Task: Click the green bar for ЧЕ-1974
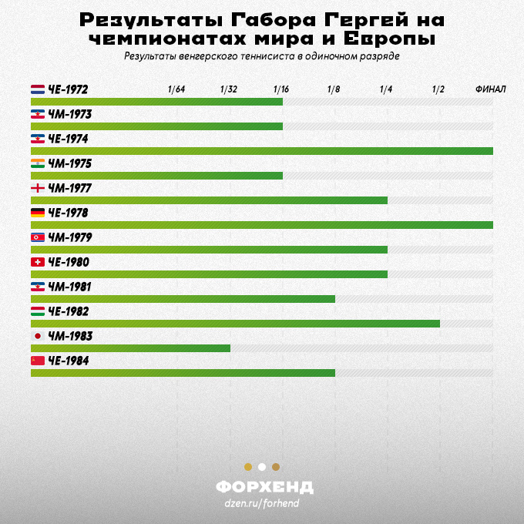[x=262, y=151]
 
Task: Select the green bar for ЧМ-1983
[x=131, y=348]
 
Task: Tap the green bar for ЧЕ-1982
[x=235, y=324]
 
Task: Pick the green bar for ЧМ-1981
[x=183, y=299]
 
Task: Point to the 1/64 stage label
[x=176, y=89]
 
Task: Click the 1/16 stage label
[x=281, y=89]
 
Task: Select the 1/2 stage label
[x=438, y=89]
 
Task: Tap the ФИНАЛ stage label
[x=491, y=89]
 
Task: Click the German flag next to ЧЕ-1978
[x=38, y=213]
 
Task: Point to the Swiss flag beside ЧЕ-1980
[x=38, y=262]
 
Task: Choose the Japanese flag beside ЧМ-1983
[x=38, y=336]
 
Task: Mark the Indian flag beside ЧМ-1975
[x=38, y=163]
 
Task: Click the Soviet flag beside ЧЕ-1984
[x=38, y=361]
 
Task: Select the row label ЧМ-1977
[x=70, y=188]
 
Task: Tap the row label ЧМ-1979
[x=70, y=237]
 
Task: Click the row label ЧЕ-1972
[x=68, y=89]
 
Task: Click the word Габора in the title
[x=273, y=20]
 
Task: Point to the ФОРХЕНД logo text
[x=264, y=487]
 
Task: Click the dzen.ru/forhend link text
[x=262, y=503]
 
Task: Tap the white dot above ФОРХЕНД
[x=262, y=467]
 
